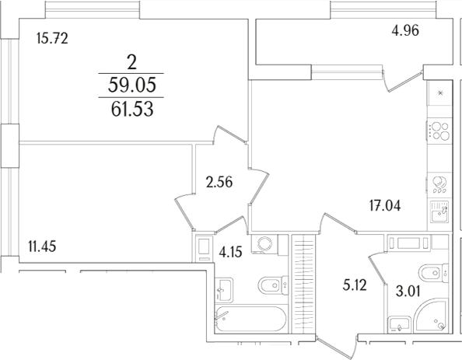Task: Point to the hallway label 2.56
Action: pos(219,183)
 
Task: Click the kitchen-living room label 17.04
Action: pos(387,206)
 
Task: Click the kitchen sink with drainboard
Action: pos(439,211)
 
